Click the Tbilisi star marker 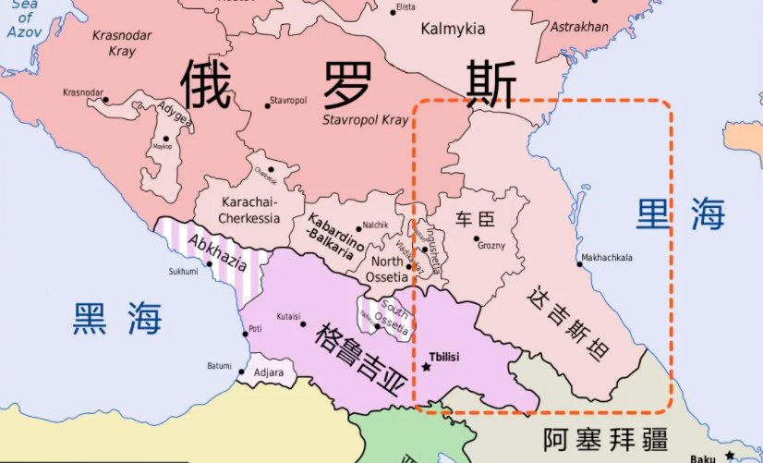427,367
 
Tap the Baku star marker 730,454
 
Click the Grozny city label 490,246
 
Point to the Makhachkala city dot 579,265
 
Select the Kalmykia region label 453,29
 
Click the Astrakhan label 579,27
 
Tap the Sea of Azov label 25,18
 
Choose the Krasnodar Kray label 124,43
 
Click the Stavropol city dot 268,105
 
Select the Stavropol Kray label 365,120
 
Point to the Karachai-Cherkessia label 248,210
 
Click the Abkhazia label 216,249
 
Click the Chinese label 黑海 118,319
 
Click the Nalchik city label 375,225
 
